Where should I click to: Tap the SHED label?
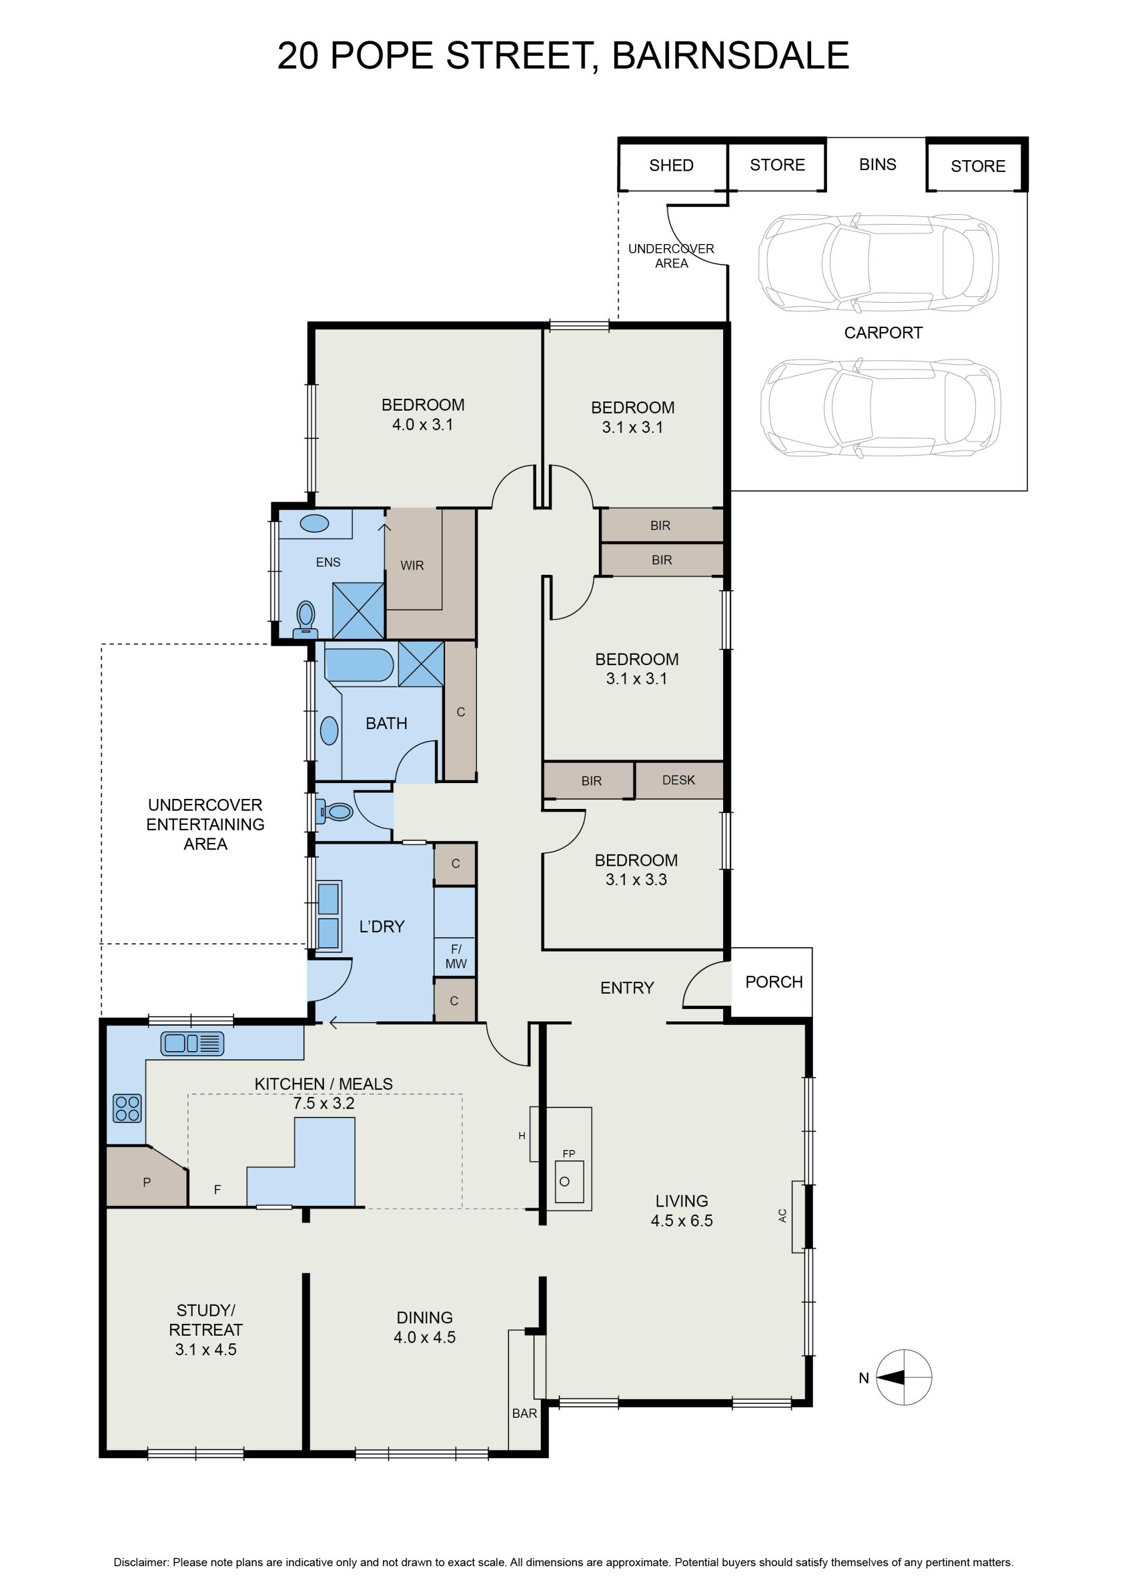coord(671,165)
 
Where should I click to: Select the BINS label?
coord(877,164)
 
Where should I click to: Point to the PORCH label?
coord(774,982)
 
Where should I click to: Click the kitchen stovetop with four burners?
coord(127,1108)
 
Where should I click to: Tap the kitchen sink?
coord(192,1044)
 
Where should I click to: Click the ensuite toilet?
coord(305,619)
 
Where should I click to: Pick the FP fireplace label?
coord(568,1154)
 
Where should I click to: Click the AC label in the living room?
coord(783,1215)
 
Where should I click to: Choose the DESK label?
coord(678,780)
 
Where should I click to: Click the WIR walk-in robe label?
coord(412,565)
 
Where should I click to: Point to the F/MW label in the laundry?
coord(456,956)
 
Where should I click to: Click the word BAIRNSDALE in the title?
coord(730,56)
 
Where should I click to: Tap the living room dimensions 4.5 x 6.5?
coord(681,1220)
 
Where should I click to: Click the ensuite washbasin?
coord(314,523)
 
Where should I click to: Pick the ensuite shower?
coord(358,610)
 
